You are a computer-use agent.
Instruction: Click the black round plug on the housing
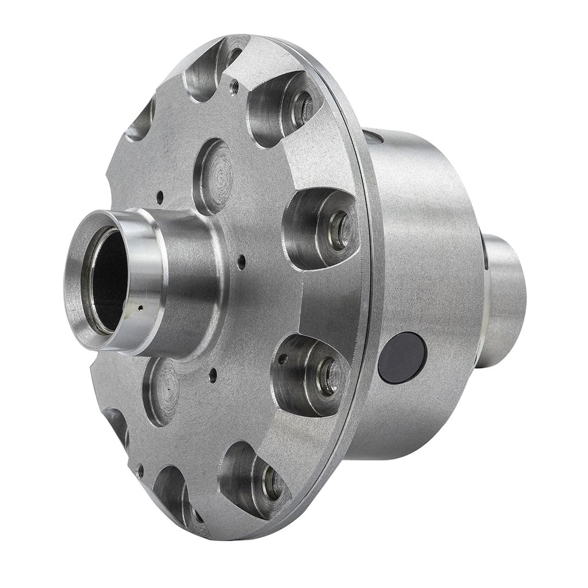[402, 357]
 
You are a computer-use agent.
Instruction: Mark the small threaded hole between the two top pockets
[234, 84]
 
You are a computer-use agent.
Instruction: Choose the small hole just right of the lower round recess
[213, 373]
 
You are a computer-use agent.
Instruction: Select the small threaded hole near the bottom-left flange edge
[140, 467]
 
